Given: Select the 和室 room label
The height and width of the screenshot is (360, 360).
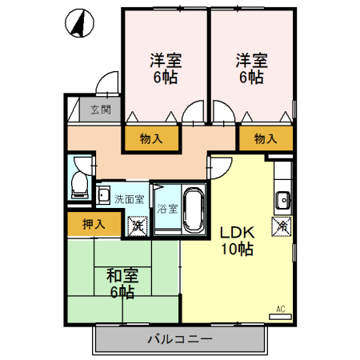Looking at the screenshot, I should [x=122, y=276].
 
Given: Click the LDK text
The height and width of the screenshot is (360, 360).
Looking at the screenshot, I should [x=237, y=232].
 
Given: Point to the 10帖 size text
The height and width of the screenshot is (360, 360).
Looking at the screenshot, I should [x=237, y=249].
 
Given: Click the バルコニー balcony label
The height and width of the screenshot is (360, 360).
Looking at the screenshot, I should [x=179, y=339].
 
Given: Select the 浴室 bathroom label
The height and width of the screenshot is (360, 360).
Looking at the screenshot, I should [x=166, y=209].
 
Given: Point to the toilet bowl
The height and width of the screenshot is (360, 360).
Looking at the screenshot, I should [x=78, y=186].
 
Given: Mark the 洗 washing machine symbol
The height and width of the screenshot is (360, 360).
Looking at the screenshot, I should [x=138, y=226].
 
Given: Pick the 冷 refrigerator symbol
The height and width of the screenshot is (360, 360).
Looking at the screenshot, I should [x=282, y=226].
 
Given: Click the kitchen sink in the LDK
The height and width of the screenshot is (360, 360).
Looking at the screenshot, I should [x=282, y=199].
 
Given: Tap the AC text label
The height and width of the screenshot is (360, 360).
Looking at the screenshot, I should [x=281, y=309].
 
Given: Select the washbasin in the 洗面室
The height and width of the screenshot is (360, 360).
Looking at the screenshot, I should [x=105, y=194].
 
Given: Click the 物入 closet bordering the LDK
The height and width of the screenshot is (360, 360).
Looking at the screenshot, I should [x=265, y=138].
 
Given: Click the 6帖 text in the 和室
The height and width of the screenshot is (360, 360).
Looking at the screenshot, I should [x=122, y=292].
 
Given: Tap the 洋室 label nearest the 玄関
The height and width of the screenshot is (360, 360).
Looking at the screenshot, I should [x=166, y=60].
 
